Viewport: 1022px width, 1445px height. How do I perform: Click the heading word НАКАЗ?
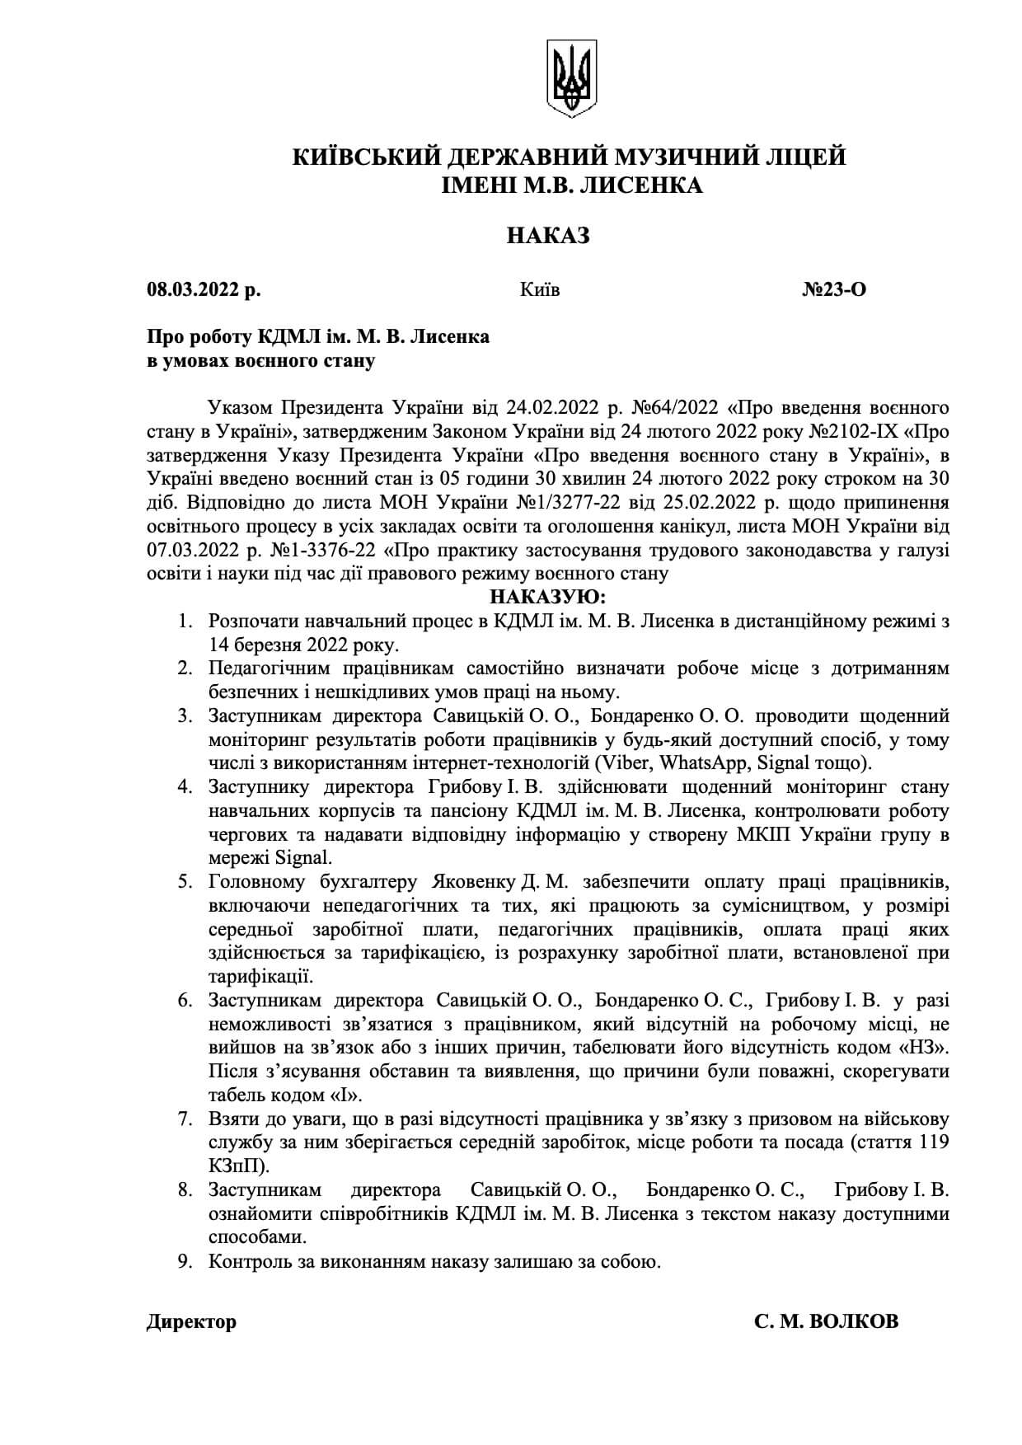pyautogui.click(x=548, y=237)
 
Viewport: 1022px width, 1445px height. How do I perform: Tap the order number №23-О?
pyautogui.click(x=833, y=289)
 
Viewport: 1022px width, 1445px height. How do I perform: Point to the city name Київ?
pyautogui.click(x=540, y=289)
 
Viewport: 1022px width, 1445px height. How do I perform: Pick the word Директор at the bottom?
pyautogui.click(x=191, y=1321)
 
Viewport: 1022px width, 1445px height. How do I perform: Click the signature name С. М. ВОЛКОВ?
pyautogui.click(x=826, y=1321)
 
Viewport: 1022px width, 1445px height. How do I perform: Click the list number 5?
pyautogui.click(x=185, y=881)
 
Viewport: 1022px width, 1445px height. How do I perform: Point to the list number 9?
pyautogui.click(x=185, y=1261)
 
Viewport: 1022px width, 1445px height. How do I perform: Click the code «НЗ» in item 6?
pyautogui.click(x=928, y=1048)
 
